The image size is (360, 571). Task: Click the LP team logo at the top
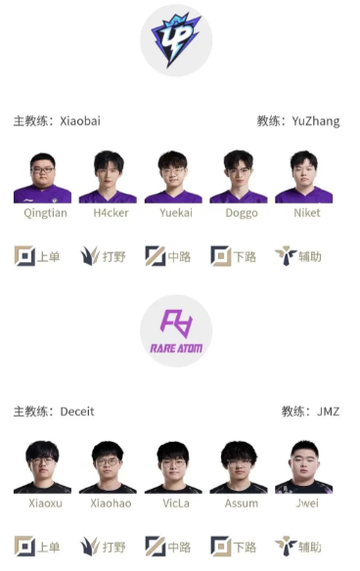tap(176, 40)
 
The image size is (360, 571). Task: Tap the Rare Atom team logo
tap(176, 330)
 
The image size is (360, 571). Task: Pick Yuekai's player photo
tap(173, 177)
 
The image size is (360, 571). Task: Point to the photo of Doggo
tap(239, 177)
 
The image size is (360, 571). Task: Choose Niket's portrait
tap(304, 177)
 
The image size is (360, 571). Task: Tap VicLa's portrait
tap(173, 467)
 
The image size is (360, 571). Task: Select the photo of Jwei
tap(304, 467)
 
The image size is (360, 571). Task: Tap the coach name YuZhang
tap(315, 121)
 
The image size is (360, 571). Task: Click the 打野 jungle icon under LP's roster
tap(90, 256)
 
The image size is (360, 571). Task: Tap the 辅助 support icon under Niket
tap(286, 256)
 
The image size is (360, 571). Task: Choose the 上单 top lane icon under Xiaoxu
tap(24, 547)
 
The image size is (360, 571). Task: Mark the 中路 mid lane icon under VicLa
tap(156, 547)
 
